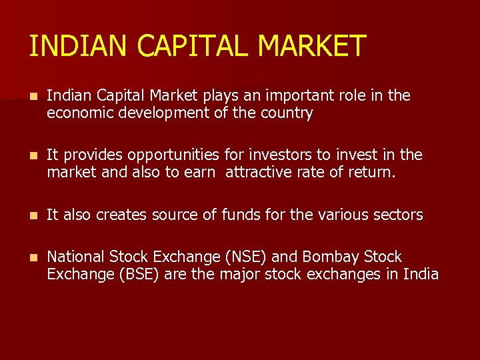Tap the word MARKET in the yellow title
click(311, 46)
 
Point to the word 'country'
click(287, 113)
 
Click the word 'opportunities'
click(173, 155)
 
